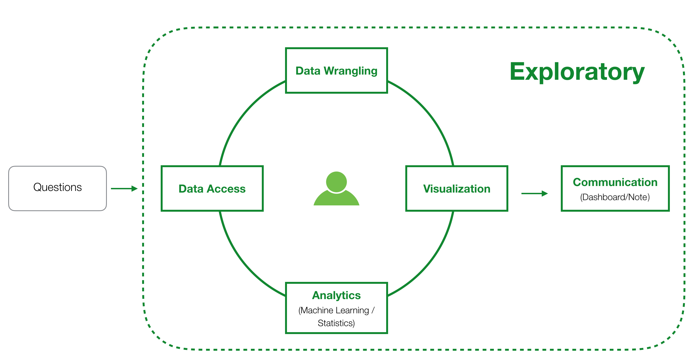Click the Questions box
coord(57,188)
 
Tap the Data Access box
coord(212,188)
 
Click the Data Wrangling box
coord(336,70)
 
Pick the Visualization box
coord(456,188)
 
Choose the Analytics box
coord(336,308)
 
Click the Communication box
coord(615,188)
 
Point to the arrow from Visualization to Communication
coord(534,194)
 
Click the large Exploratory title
coord(577,72)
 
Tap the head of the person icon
coord(336,182)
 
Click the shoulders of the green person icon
coord(336,199)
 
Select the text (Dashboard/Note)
coord(615,197)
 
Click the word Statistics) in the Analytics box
coord(336,323)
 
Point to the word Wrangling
coord(350,71)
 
